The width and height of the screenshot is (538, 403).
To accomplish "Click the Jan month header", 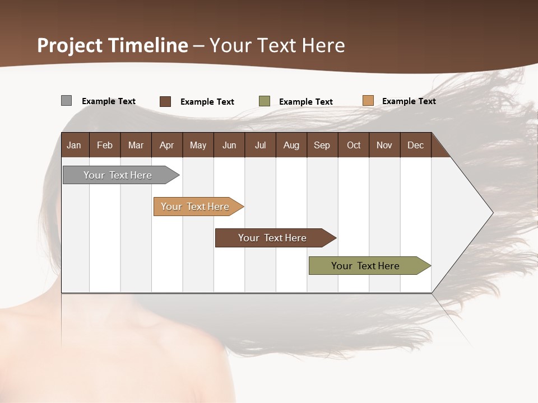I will [75, 145].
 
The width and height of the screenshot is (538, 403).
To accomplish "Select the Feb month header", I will [105, 145].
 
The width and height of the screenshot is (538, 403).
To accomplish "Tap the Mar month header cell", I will [136, 145].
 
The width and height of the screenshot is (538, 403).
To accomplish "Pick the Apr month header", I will [167, 145].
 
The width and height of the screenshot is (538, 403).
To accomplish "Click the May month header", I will [198, 145].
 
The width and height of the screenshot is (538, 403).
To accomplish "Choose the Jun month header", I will [229, 145].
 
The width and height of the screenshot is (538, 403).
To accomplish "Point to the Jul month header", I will [260, 145].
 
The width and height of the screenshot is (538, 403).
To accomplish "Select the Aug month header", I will [291, 145].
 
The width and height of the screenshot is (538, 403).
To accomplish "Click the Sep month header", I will [322, 145].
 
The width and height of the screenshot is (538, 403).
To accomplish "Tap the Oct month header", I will [354, 145].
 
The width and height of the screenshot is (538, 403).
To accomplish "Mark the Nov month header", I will [384, 145].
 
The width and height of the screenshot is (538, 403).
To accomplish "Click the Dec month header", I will [416, 145].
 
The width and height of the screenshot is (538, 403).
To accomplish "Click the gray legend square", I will [66, 101].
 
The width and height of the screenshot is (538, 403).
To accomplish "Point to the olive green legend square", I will [265, 101].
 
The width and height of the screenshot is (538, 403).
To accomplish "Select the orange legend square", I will [368, 101].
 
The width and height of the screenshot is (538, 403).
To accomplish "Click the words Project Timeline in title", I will [113, 45].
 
